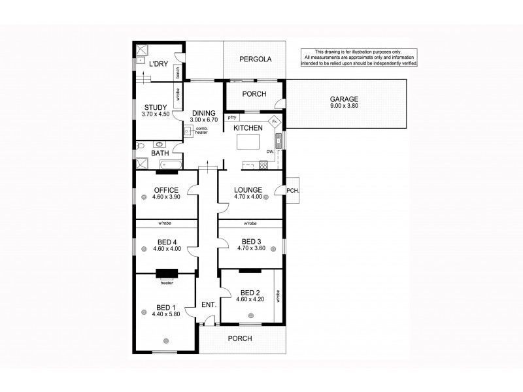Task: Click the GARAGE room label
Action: pos(344,99)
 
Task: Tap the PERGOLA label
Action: pos(255,59)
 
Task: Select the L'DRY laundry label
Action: pos(158,64)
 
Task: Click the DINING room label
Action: pos(203,113)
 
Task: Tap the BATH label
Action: pos(160,153)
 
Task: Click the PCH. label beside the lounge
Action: pos(292,191)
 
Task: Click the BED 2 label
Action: pos(249,292)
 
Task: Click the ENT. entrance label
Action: pos(208,305)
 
